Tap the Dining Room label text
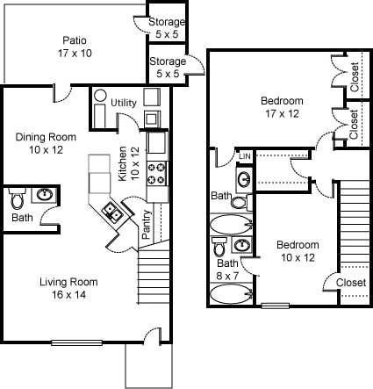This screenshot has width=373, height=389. (x=47, y=142)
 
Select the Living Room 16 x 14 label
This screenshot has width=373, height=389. (x=68, y=289)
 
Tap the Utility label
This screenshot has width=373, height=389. (x=123, y=103)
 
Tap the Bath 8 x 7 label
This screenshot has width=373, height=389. (x=227, y=270)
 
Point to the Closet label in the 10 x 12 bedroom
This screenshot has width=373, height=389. (x=351, y=282)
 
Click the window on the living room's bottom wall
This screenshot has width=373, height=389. (x=75, y=342)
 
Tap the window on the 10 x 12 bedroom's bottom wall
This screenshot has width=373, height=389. (x=276, y=306)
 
